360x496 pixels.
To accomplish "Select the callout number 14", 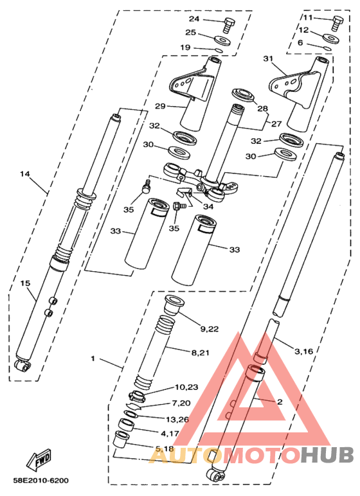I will click(25, 174).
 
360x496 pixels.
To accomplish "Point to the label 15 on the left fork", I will click(25, 283).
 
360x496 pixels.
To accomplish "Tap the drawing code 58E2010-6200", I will click(40, 480).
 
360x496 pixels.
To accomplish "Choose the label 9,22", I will click(210, 328).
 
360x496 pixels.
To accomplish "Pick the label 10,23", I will click(187, 387).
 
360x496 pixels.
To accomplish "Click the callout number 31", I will click(269, 59).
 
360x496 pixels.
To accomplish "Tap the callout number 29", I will click(161, 105).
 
